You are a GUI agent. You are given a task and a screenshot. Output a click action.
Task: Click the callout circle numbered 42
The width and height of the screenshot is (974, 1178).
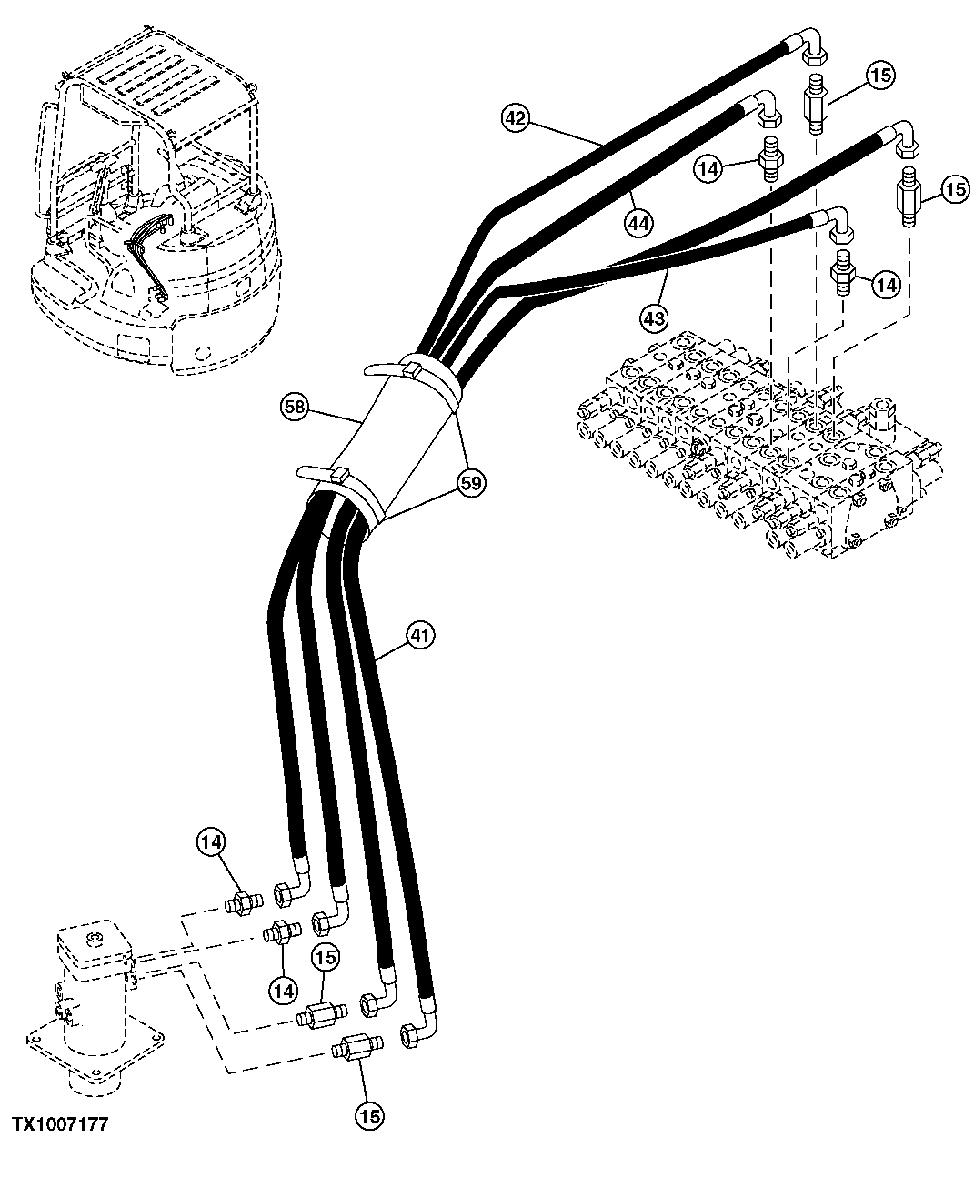tap(516, 117)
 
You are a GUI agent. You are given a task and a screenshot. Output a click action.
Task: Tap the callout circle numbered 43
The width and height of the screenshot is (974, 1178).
tap(654, 317)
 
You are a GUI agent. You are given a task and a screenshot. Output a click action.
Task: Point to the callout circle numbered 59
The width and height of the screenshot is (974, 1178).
tap(470, 483)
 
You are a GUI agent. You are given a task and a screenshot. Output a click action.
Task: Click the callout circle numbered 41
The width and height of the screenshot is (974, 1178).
tap(418, 633)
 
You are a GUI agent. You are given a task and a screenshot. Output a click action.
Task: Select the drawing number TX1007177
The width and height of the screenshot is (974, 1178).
tap(60, 1125)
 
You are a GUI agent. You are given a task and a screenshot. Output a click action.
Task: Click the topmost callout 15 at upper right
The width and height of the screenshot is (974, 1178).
tap(879, 75)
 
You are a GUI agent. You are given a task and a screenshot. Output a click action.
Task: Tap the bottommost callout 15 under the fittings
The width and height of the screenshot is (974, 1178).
tap(370, 1113)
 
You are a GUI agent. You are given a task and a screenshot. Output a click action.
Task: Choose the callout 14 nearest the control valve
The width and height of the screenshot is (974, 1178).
tap(886, 285)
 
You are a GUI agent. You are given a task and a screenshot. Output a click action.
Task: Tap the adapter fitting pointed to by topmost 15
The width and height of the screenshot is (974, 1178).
tap(816, 105)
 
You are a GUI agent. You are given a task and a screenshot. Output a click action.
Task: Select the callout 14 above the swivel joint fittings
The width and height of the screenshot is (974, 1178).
tap(211, 843)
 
